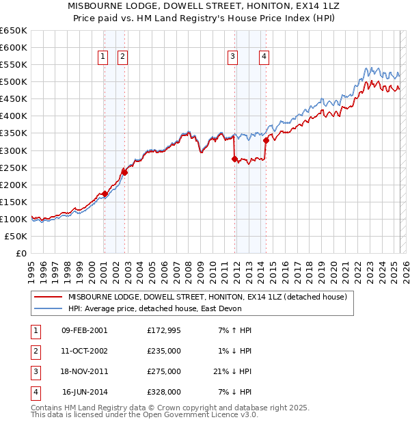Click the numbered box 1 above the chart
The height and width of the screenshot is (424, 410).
(x=102, y=57)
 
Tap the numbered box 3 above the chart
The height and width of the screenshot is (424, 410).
(x=233, y=57)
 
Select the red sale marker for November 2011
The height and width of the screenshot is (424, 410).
(x=235, y=159)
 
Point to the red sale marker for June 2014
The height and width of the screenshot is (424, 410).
(x=266, y=140)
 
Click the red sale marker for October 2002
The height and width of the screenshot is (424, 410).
(x=125, y=172)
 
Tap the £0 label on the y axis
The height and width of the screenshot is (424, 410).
(x=21, y=253)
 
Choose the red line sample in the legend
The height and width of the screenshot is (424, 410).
(x=48, y=297)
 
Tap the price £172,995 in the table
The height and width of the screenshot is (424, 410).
(x=164, y=330)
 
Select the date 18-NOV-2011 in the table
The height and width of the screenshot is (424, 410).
(x=85, y=371)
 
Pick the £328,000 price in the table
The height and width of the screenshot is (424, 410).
(x=164, y=392)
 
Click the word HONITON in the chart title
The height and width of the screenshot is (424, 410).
(x=265, y=5)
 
